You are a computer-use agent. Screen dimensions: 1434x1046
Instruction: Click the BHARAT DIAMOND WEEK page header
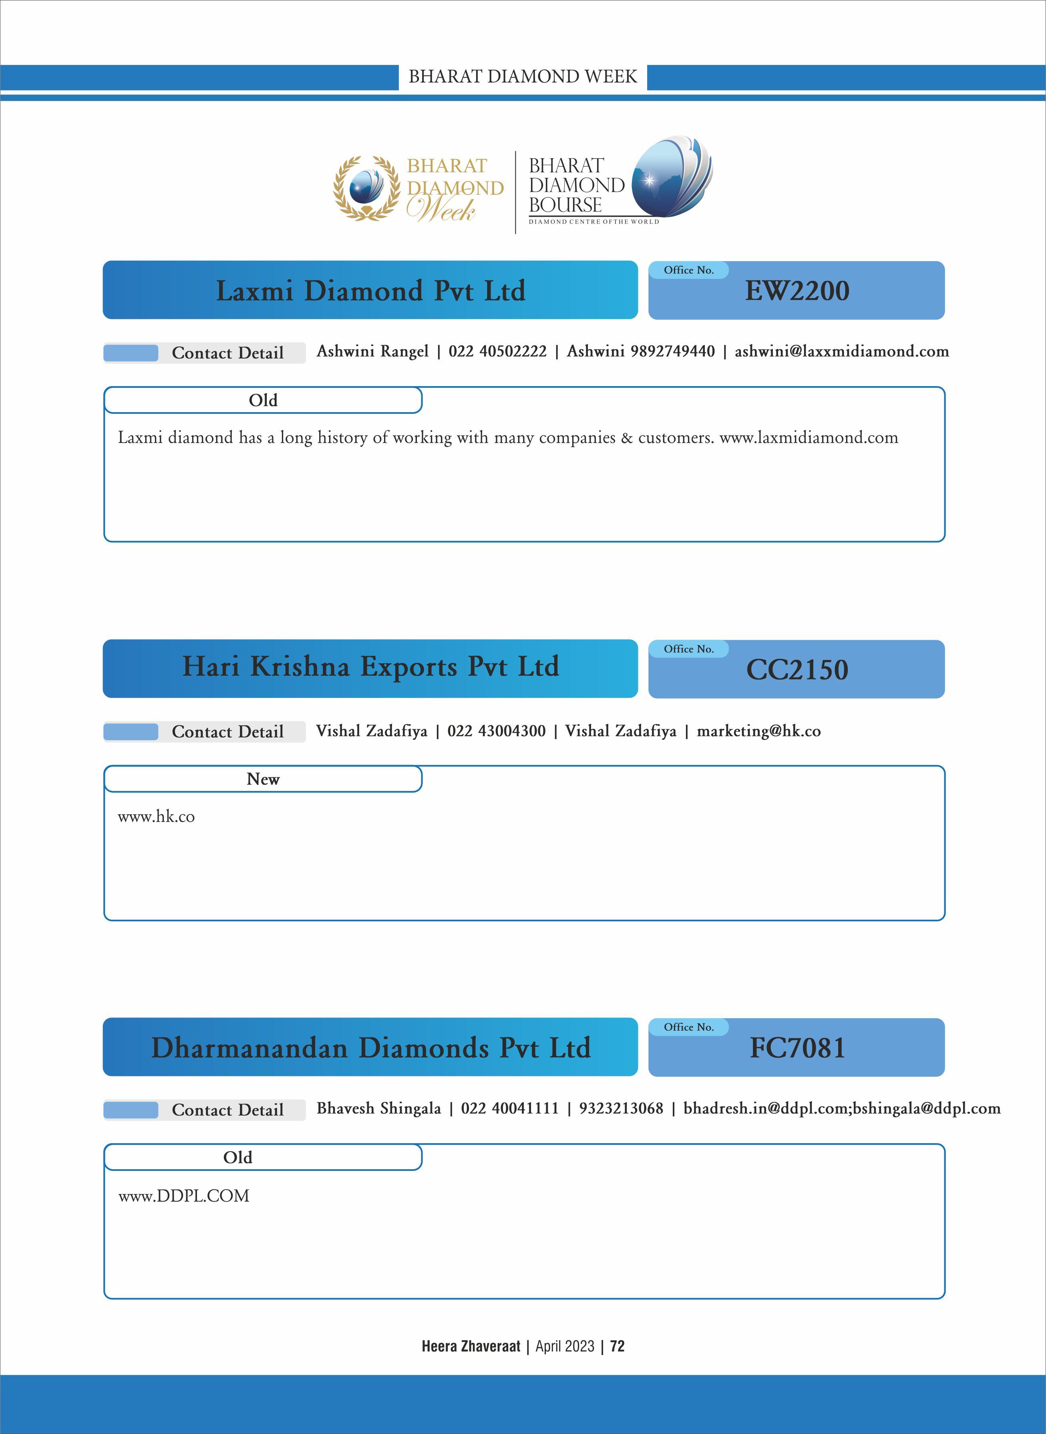(x=522, y=77)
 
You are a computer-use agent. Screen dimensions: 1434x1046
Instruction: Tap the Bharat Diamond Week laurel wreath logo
(x=367, y=188)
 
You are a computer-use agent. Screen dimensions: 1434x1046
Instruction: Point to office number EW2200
(x=797, y=291)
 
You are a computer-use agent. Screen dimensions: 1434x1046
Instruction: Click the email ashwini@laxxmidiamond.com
(x=841, y=352)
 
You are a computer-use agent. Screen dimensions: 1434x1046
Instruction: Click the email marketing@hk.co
(x=758, y=731)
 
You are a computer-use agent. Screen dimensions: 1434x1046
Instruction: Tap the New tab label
(x=263, y=779)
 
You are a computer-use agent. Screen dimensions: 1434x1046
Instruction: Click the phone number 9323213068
(x=621, y=1108)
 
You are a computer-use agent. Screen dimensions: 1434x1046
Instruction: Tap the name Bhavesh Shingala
(x=379, y=1108)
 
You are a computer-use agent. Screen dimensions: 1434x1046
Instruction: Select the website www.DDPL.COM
(x=184, y=1196)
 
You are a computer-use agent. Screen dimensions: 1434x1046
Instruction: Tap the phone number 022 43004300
(x=497, y=731)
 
